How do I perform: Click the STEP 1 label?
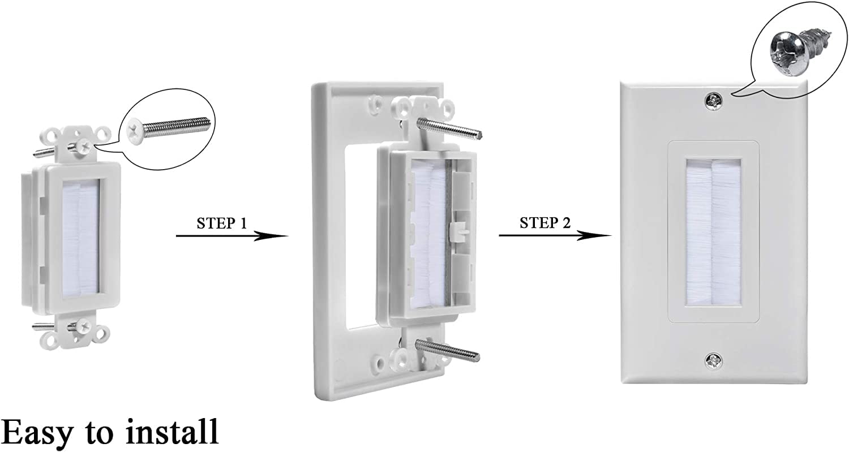[x=221, y=223]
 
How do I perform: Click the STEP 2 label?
[x=544, y=223]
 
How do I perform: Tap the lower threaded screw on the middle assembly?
[x=447, y=349]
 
